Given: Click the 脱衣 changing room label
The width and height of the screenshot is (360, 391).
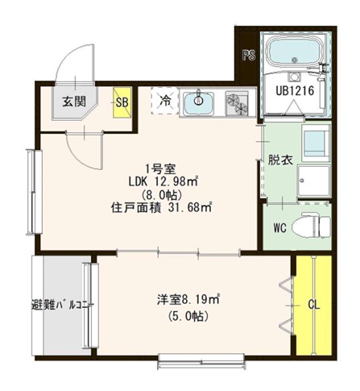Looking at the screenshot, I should (x=279, y=159).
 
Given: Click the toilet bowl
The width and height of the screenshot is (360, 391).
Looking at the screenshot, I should (x=312, y=225).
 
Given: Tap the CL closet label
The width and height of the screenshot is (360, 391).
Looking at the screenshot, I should (x=315, y=305).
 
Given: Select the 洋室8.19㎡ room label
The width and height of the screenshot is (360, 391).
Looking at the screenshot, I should (x=189, y=300).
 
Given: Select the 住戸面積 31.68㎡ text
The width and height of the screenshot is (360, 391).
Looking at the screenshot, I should (x=161, y=207).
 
